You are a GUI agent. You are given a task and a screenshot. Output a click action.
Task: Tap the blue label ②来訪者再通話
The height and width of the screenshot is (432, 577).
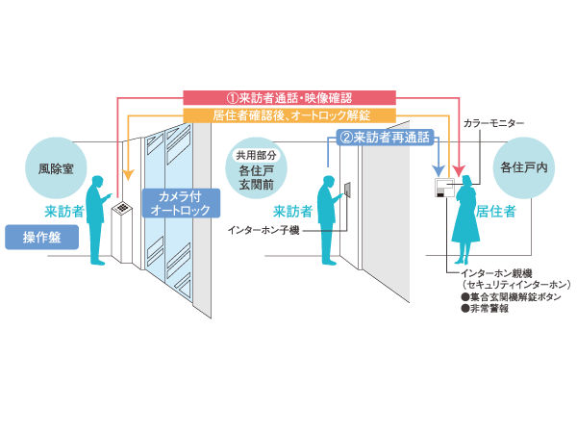(385, 138)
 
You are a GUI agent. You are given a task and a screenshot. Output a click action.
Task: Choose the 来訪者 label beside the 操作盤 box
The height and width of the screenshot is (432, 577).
(63, 210)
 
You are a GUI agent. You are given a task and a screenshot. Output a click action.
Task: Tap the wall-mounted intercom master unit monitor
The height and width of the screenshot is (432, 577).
(444, 188)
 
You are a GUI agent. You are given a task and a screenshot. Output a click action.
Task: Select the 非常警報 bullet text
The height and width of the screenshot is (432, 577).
(486, 310)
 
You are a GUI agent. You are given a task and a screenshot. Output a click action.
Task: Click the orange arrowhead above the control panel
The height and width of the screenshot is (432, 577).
(128, 176)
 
